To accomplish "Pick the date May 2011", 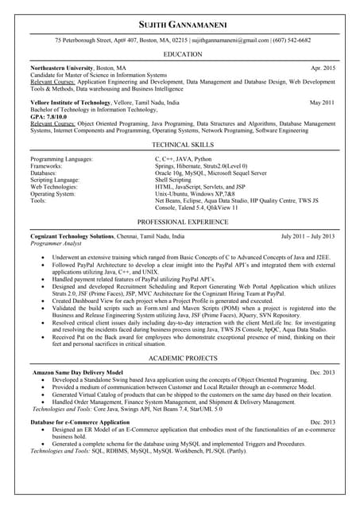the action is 322,103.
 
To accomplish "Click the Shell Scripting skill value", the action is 172,180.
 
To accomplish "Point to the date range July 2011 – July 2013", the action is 308,236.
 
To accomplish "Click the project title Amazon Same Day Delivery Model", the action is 77,372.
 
